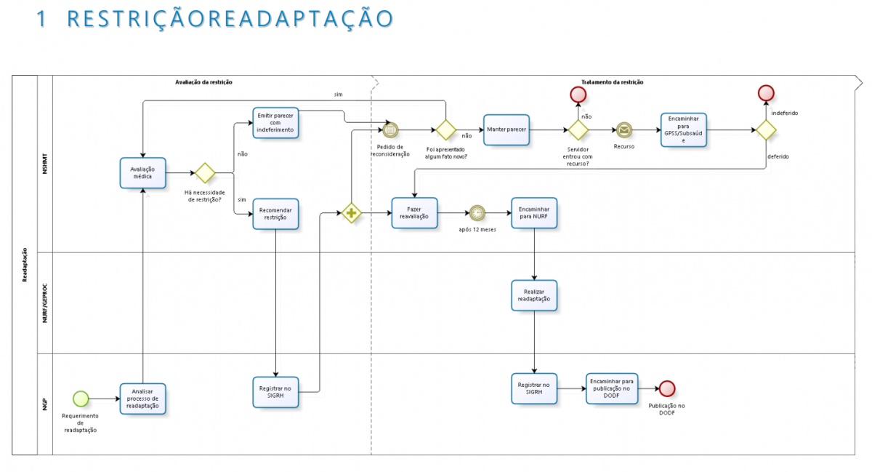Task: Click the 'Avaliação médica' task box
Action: pyautogui.click(x=143, y=173)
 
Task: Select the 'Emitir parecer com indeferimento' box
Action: pyautogui.click(x=275, y=122)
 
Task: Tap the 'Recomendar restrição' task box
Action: pyautogui.click(x=275, y=214)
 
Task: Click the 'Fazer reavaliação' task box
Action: pyautogui.click(x=414, y=212)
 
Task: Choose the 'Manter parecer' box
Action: pyautogui.click(x=506, y=130)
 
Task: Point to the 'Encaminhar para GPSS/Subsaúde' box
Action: pyautogui.click(x=683, y=130)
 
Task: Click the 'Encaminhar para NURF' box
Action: pyautogui.click(x=534, y=212)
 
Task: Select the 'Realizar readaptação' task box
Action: pyautogui.click(x=534, y=295)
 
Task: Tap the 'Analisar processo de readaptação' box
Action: pyautogui.click(x=143, y=399)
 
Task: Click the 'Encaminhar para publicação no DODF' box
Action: pyautogui.click(x=611, y=388)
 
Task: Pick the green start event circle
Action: pyautogui.click(x=81, y=399)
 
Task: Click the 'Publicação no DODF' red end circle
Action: pyautogui.click(x=667, y=389)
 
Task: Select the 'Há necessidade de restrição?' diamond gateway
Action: pyautogui.click(x=205, y=173)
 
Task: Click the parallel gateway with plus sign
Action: pyautogui.click(x=352, y=213)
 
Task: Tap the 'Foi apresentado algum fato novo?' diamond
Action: pyautogui.click(x=446, y=130)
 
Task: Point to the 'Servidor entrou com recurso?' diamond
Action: pyautogui.click(x=578, y=130)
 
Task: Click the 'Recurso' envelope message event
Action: pyautogui.click(x=623, y=130)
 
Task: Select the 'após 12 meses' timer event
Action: pyautogui.click(x=477, y=213)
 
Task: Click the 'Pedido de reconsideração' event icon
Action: pyautogui.click(x=390, y=130)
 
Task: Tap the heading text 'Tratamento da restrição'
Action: pyautogui.click(x=612, y=82)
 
